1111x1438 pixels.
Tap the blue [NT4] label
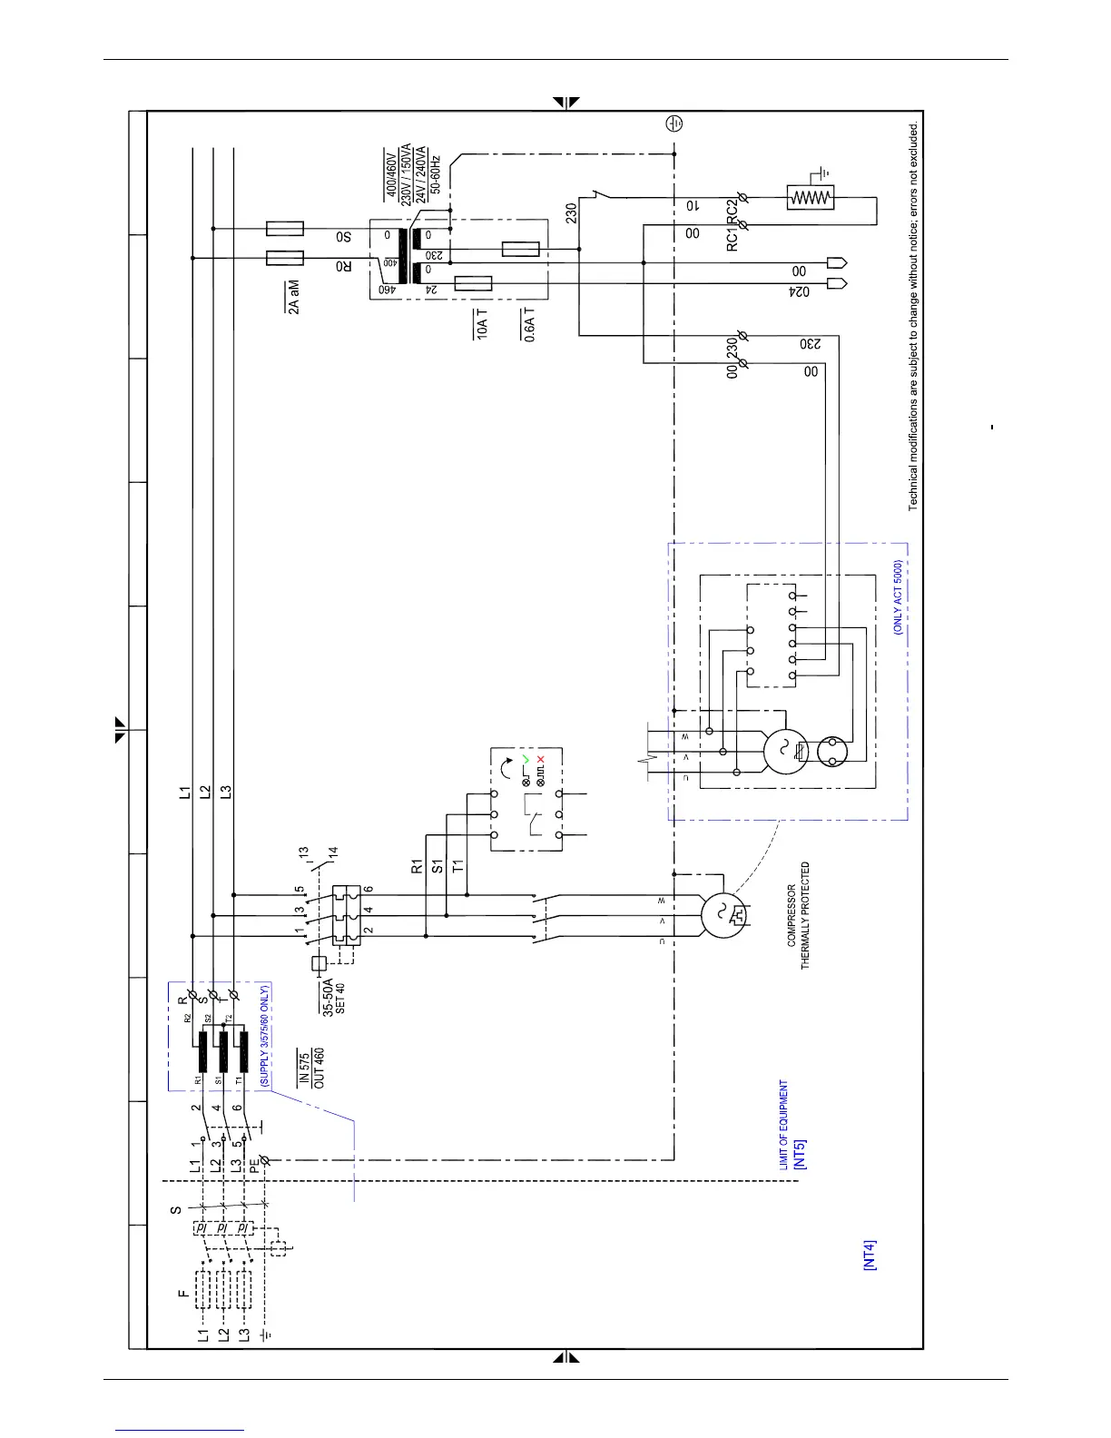click(870, 1255)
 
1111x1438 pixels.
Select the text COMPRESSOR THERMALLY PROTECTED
click(799, 915)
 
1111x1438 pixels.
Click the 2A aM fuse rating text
click(293, 297)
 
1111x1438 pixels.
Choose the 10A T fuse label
click(482, 324)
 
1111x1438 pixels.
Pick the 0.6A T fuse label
click(528, 324)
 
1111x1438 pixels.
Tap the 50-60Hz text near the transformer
click(436, 174)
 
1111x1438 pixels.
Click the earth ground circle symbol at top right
click(673, 123)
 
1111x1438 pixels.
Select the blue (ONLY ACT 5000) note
click(898, 596)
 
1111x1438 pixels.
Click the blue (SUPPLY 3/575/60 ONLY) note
click(265, 1036)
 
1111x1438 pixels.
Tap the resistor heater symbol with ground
click(811, 198)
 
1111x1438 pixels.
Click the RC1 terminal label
click(733, 238)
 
